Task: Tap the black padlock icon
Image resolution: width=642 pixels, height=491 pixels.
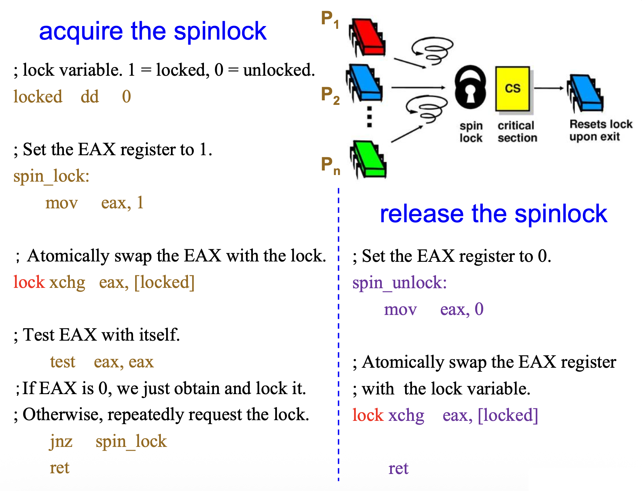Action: pyautogui.click(x=470, y=88)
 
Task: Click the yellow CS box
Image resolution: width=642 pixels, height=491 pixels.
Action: pyautogui.click(x=513, y=89)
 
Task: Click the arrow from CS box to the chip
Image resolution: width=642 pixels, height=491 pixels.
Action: pyautogui.click(x=549, y=88)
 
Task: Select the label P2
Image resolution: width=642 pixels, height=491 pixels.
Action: pyautogui.click(x=330, y=95)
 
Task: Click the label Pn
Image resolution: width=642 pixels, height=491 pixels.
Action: pyautogui.click(x=330, y=165)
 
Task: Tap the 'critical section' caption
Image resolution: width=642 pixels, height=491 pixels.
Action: pyautogui.click(x=517, y=132)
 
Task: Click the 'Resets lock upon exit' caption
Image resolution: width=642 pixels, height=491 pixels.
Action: pyautogui.click(x=601, y=130)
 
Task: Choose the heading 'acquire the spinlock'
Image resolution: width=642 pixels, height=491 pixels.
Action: pyautogui.click(x=153, y=31)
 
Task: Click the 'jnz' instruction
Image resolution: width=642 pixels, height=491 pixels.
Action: pyautogui.click(x=61, y=441)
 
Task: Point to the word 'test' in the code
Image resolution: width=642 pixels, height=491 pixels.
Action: pyautogui.click(x=63, y=362)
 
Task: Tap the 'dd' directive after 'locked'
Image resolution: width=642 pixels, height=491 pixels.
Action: pyautogui.click(x=90, y=97)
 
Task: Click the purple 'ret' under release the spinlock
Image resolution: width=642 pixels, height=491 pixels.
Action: pyautogui.click(x=398, y=468)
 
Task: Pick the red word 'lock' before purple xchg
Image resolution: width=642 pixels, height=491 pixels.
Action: pyautogui.click(x=368, y=415)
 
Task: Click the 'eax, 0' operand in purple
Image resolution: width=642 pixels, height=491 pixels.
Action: pyautogui.click(x=462, y=309)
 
